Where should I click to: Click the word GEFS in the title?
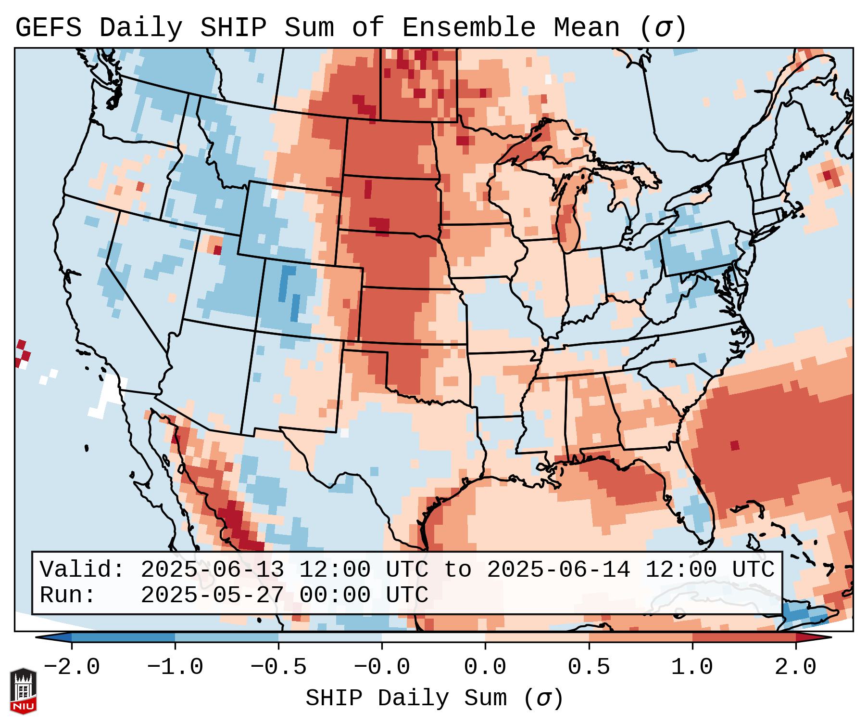(x=49, y=28)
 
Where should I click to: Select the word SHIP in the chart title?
(x=233, y=28)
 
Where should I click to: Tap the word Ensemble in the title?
(x=468, y=28)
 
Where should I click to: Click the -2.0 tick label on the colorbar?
(x=72, y=667)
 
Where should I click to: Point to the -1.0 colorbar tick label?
(x=175, y=667)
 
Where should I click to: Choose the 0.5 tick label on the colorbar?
(x=589, y=667)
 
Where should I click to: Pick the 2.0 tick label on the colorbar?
(x=796, y=667)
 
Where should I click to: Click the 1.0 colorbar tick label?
(x=692, y=667)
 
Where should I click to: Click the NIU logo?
(x=23, y=691)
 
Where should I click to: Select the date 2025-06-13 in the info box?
(x=212, y=570)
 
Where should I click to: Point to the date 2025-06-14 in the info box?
(x=558, y=570)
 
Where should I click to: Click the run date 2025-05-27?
(x=212, y=596)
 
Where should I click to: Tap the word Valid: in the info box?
(x=82, y=570)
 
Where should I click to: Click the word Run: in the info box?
(x=68, y=596)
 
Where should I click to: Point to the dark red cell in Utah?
(x=217, y=250)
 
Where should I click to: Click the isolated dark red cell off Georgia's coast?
(x=734, y=445)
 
